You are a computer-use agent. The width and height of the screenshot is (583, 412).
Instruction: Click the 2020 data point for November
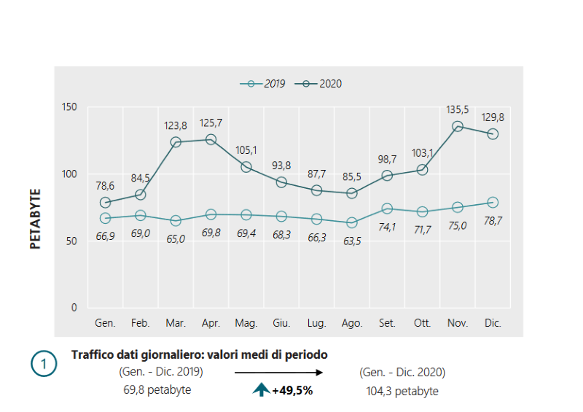click(458, 126)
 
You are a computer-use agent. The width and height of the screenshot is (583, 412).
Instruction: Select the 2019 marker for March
click(176, 220)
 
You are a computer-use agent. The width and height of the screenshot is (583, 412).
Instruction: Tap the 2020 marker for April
click(211, 139)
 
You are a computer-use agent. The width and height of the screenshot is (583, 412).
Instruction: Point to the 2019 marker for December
click(493, 202)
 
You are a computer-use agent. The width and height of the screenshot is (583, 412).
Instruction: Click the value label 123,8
click(176, 125)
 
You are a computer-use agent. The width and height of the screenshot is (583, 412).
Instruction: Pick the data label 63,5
click(352, 238)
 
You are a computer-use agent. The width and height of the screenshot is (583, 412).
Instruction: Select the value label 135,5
click(458, 109)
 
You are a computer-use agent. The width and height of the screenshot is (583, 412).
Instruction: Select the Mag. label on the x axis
click(246, 322)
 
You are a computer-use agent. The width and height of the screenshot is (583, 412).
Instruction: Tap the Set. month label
click(387, 322)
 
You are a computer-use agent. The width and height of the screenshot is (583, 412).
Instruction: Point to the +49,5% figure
click(292, 390)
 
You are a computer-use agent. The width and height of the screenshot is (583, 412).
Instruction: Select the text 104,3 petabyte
click(402, 391)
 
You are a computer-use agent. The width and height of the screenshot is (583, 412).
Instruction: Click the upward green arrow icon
click(261, 390)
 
